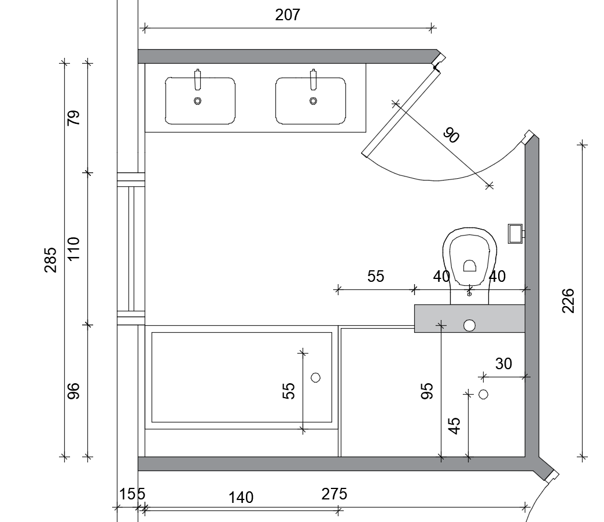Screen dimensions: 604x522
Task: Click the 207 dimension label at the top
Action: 288,15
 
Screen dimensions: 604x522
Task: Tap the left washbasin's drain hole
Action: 197,101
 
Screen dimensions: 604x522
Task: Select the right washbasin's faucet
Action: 313,79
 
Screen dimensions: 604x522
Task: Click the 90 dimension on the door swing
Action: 451,135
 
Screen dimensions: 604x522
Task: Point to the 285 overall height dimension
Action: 51,260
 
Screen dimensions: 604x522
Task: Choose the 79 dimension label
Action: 73,117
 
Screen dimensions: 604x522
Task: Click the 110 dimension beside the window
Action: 73,249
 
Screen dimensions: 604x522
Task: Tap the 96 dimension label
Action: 73,391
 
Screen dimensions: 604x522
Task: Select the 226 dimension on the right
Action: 568,300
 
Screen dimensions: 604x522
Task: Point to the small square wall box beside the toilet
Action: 515,233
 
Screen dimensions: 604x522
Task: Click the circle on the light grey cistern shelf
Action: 469,326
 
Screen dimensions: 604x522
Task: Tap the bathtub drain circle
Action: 315,377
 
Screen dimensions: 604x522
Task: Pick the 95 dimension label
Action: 427,391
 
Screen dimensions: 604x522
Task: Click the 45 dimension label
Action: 455,426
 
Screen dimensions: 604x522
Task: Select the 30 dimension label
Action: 503,363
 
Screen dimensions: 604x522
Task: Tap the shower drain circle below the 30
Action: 484,394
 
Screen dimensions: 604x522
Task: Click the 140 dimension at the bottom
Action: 241,498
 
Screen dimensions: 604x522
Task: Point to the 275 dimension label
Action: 334,494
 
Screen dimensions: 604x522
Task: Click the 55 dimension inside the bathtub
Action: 289,391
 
